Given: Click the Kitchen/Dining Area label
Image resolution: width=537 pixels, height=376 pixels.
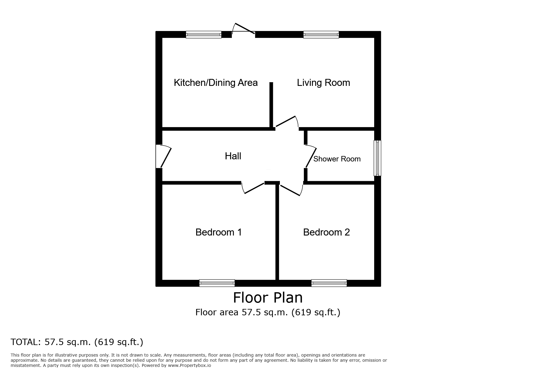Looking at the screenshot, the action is [x=216, y=83].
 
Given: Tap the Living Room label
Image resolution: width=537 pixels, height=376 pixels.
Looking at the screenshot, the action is [x=324, y=83].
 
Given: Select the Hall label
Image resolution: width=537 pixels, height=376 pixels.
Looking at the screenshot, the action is [x=233, y=156].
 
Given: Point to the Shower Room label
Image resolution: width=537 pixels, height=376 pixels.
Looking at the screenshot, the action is [x=337, y=159].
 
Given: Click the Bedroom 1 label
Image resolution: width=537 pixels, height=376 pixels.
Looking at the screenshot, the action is [x=219, y=232].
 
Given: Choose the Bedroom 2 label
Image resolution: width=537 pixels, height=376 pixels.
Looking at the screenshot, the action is [x=327, y=232].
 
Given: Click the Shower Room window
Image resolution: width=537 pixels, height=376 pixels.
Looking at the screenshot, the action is [x=378, y=158].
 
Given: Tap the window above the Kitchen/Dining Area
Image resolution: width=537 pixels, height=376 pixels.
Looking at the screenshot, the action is [x=204, y=35].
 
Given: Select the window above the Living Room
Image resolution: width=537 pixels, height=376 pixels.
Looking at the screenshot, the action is [x=321, y=35].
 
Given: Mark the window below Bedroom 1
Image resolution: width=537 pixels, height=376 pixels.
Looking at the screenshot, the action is [x=217, y=283].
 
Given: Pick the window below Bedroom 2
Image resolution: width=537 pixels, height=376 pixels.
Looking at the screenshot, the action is [x=329, y=283].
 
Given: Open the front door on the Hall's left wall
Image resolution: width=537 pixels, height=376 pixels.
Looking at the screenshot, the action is [x=163, y=156].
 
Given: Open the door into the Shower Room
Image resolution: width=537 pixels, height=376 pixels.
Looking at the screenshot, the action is [x=310, y=156].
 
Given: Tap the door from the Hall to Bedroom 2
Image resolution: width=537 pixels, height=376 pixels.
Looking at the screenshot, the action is [x=291, y=188].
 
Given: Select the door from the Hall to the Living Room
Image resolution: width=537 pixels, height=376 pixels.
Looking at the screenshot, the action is [x=287, y=122].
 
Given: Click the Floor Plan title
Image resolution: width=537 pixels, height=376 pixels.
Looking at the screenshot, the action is [x=268, y=298].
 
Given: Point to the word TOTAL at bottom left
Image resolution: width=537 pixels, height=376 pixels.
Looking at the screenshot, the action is [x=25, y=342].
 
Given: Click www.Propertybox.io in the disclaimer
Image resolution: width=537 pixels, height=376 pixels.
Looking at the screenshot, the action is [x=190, y=365].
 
